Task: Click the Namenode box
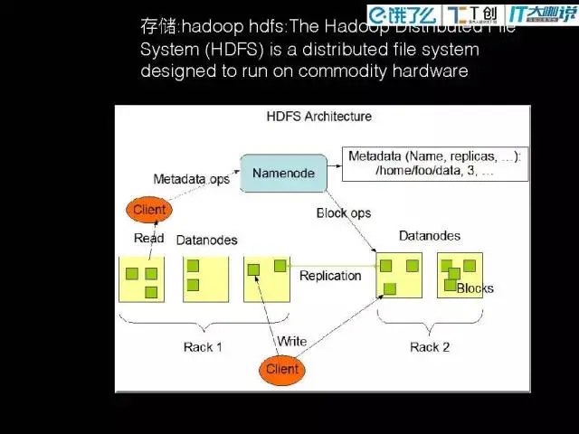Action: point(282,173)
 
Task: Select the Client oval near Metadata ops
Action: point(148,210)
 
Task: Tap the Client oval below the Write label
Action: point(281,369)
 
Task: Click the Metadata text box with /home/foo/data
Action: point(435,163)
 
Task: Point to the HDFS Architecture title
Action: point(318,117)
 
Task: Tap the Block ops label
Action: point(343,213)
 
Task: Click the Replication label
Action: point(330,276)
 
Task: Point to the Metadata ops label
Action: point(191,179)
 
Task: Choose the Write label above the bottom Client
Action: point(291,342)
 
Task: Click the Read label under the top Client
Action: point(148,239)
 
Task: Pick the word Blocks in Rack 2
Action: point(475,288)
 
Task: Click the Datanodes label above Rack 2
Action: point(429,236)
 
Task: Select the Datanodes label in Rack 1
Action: point(206,240)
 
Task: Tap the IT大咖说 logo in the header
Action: point(542,14)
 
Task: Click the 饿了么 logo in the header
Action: point(404,14)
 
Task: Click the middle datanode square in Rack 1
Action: point(204,278)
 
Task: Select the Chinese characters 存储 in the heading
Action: point(157,28)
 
